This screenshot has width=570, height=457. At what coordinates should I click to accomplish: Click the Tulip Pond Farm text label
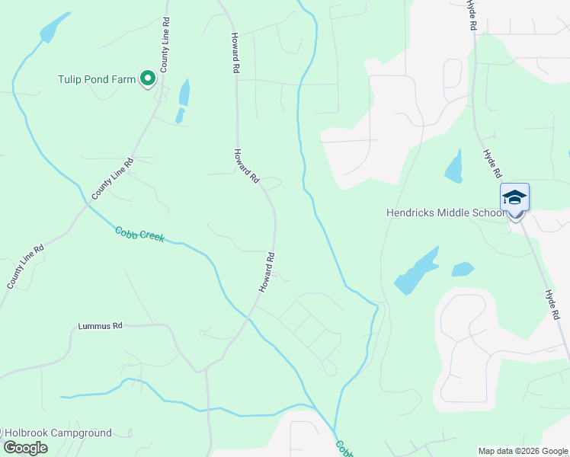97,78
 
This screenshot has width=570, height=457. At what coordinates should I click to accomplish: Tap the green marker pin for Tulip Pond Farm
148,78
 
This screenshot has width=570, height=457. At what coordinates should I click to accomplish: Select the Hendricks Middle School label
445,213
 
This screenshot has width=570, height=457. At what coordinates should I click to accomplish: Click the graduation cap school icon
514,197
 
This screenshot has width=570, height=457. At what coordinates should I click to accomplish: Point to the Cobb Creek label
139,235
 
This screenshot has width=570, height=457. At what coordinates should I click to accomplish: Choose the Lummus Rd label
100,326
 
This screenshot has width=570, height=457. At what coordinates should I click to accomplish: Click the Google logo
25,448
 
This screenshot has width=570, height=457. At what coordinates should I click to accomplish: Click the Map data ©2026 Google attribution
524,451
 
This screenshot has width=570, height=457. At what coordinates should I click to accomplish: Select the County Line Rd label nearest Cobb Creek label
112,179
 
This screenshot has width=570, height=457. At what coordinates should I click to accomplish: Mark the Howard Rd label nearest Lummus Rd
265,273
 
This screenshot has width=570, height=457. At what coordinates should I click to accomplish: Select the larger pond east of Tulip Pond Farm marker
184,93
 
